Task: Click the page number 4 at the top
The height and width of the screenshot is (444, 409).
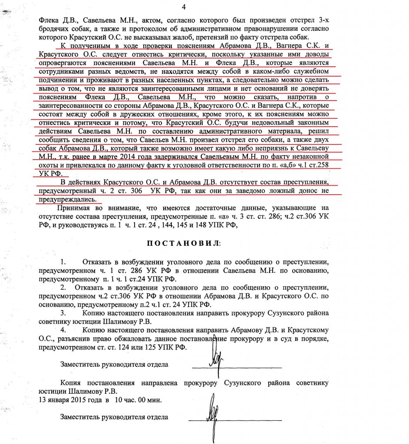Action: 183,7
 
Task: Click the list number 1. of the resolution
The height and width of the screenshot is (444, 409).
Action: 63,263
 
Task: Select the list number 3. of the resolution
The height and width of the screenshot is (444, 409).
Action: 63,313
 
